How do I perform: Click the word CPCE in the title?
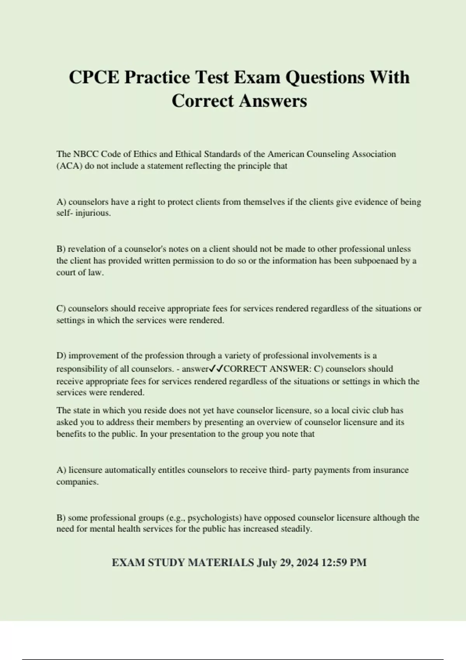pyautogui.click(x=94, y=77)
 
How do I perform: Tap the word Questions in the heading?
pyautogui.click(x=325, y=77)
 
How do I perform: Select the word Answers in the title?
pyautogui.click(x=273, y=101)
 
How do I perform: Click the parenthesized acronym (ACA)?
pyautogui.click(x=70, y=166)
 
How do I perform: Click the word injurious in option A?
pyautogui.click(x=92, y=213)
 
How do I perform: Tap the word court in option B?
pyautogui.click(x=66, y=273)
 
